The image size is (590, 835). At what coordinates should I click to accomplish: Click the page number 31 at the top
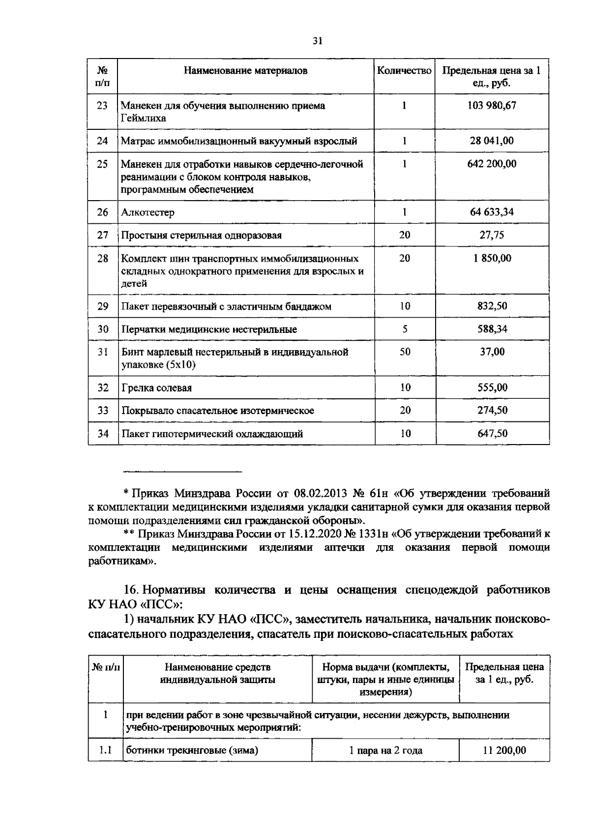click(x=317, y=41)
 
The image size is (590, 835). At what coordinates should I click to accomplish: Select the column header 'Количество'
click(x=404, y=71)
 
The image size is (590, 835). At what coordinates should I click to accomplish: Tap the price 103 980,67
click(x=492, y=106)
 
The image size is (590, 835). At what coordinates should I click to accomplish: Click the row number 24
click(x=102, y=141)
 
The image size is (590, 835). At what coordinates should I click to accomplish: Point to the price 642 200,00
click(x=492, y=164)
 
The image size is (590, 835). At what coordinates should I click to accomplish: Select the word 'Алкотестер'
click(x=148, y=213)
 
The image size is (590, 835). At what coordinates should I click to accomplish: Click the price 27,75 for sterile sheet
click(x=492, y=235)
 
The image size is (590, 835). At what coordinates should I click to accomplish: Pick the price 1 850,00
click(x=492, y=258)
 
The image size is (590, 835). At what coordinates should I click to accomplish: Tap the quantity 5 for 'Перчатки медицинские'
click(x=405, y=329)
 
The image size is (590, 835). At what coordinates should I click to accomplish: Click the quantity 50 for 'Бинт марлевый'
click(x=405, y=352)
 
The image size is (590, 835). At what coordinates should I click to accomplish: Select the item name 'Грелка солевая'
click(x=156, y=388)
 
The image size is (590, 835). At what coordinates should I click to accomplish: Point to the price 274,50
click(x=492, y=410)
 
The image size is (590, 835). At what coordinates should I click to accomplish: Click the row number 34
click(x=102, y=434)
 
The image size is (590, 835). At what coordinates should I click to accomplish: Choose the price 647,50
click(x=492, y=434)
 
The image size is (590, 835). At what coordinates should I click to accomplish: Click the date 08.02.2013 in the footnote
click(x=321, y=493)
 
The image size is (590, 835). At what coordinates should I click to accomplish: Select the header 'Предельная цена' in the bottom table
click(x=504, y=667)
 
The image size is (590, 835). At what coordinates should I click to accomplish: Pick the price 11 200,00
click(x=504, y=750)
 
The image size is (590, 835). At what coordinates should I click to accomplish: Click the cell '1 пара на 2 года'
click(x=385, y=751)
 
